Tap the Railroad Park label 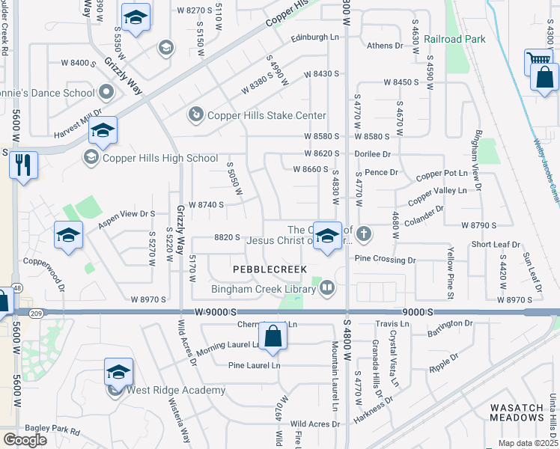coord(454,39)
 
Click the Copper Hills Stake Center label coord(267,115)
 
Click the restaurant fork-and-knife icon coord(23,165)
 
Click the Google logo coord(25,439)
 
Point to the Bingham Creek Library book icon coord(326,287)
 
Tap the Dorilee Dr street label coord(374,153)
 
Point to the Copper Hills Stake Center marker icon coord(195,114)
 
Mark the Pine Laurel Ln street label coord(254,365)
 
